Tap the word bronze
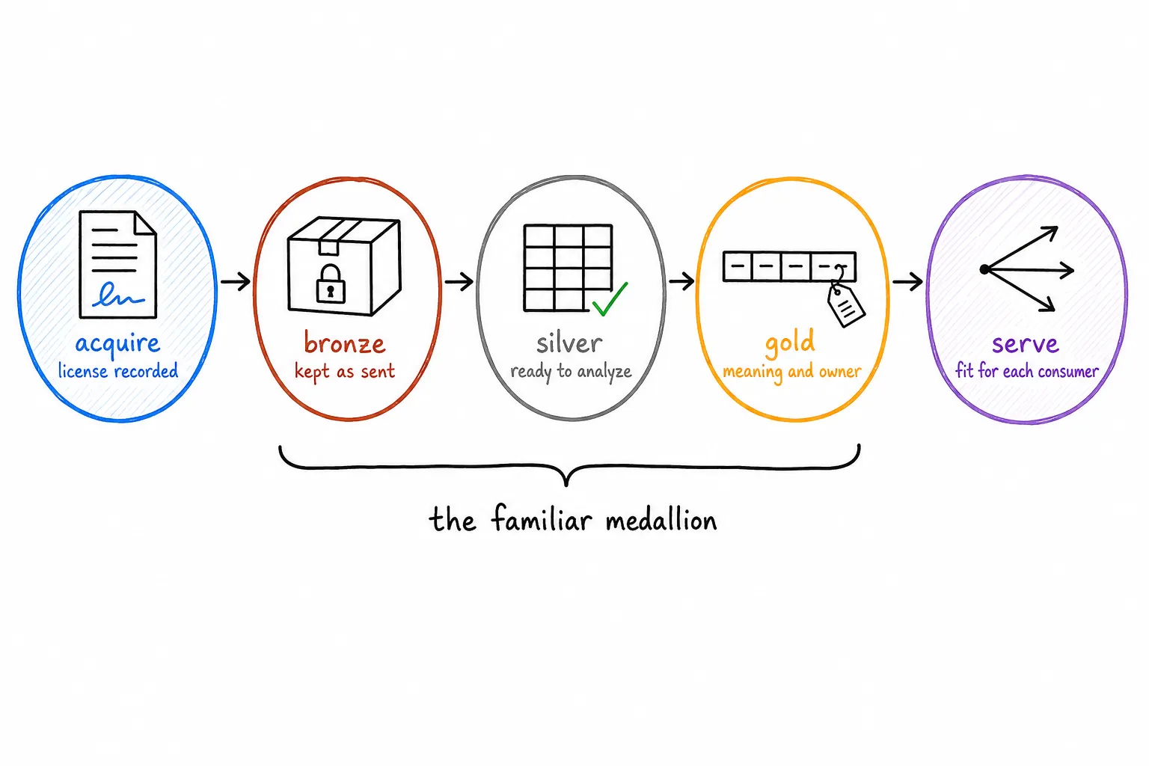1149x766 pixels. click(345, 342)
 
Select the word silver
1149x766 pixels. click(569, 343)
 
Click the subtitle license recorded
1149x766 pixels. click(118, 370)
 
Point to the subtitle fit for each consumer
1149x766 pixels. click(1027, 370)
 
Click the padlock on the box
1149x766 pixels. click(331, 284)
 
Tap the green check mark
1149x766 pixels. click(610, 298)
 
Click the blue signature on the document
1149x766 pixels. click(118, 295)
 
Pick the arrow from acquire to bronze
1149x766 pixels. click(236, 281)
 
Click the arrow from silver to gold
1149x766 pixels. click(681, 281)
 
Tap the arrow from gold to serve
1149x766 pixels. click(907, 281)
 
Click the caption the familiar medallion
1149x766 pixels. click(573, 520)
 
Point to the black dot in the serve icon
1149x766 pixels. click(984, 269)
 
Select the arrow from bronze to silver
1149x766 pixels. click(459, 281)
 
